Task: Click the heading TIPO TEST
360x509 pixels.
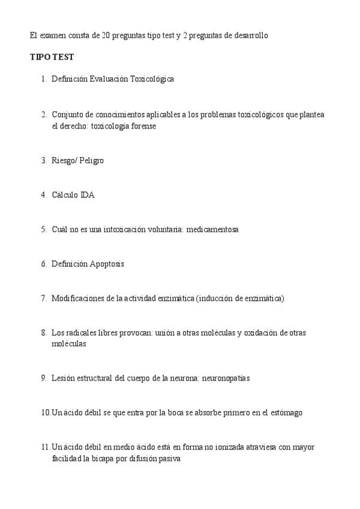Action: point(52,57)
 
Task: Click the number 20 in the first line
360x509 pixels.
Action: point(106,35)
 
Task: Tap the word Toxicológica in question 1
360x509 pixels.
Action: point(152,79)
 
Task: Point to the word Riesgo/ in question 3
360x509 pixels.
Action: point(64,160)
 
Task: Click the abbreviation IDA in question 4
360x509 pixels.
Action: point(87,194)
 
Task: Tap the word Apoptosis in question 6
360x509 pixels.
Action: point(107,264)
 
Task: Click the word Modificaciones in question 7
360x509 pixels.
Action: point(76,298)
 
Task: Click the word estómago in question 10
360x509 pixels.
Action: point(286,413)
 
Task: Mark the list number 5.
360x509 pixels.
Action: point(44,229)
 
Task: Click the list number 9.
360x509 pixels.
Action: point(44,378)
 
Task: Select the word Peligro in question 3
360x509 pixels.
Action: point(91,160)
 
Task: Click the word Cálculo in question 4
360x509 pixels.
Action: point(65,194)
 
